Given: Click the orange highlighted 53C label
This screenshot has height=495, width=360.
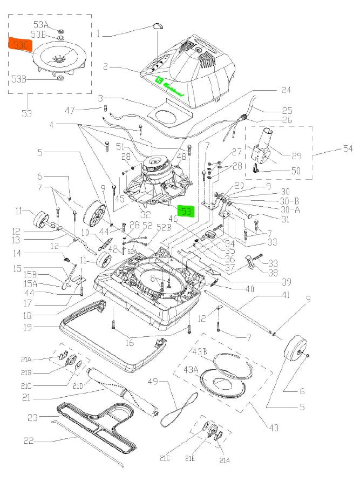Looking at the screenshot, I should click(x=19, y=44).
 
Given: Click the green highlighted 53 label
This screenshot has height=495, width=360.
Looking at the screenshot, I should click(x=186, y=211).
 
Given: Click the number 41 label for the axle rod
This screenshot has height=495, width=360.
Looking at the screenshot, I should click(x=286, y=296).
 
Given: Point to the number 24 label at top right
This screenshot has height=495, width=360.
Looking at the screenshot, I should click(x=286, y=90).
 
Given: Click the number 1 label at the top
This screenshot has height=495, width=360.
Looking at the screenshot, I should click(x=99, y=33).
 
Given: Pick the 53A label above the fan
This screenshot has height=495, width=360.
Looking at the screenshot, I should click(x=41, y=25).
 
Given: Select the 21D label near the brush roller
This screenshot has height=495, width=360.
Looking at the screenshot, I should click(x=78, y=385).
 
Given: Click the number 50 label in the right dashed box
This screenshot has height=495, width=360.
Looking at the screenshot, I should click(x=296, y=171).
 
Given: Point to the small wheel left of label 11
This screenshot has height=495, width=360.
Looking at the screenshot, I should click(x=40, y=220).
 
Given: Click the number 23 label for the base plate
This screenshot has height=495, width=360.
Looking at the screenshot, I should click(x=32, y=417).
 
